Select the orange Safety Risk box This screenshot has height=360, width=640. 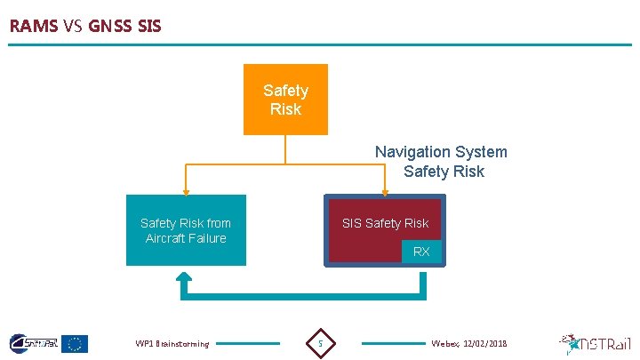pyautogui.click(x=285, y=100)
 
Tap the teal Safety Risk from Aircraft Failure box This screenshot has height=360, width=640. pyautogui.click(x=186, y=230)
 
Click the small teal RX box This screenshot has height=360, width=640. pyautogui.click(x=421, y=252)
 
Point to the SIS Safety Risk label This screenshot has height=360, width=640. pyautogui.click(x=385, y=223)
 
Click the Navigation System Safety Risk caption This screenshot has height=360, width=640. pyautogui.click(x=441, y=162)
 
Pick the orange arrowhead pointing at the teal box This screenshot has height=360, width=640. pyautogui.click(x=186, y=189)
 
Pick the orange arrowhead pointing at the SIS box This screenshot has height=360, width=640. pyautogui.click(x=385, y=189)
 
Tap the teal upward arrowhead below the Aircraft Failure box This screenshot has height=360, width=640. pyautogui.click(x=184, y=280)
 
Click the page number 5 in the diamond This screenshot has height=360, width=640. pyautogui.click(x=321, y=343)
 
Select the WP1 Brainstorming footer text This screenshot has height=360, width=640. pyautogui.click(x=172, y=344)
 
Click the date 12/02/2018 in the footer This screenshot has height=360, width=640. pyautogui.click(x=484, y=343)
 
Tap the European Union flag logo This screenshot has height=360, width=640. pyautogui.click(x=75, y=343)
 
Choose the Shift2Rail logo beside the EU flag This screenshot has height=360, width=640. pyautogui.click(x=33, y=343)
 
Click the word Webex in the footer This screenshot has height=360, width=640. pyautogui.click(x=444, y=343)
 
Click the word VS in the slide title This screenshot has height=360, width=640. pyautogui.click(x=73, y=26)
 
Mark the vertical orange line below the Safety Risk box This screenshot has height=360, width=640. pyautogui.click(x=285, y=149)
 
